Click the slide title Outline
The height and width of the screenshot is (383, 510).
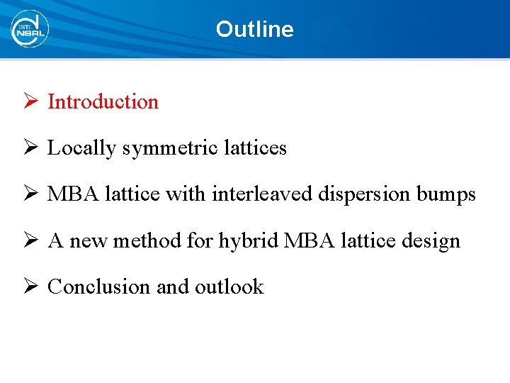click(254, 29)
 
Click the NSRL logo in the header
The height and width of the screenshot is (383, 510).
click(29, 29)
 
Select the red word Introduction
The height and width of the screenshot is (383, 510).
click(103, 101)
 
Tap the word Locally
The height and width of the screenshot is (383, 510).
click(81, 148)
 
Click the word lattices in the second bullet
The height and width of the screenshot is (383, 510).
click(256, 148)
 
